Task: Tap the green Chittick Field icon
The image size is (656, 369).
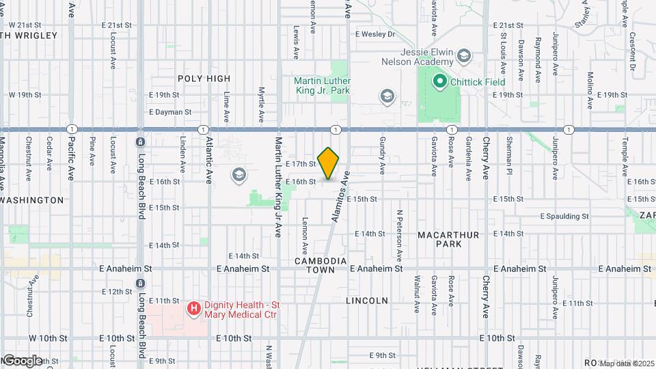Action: tap(439, 82)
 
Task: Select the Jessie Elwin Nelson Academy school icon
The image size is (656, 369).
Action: tap(465, 55)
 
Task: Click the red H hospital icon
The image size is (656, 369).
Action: tap(194, 309)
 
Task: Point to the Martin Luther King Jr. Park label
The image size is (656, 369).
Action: tap(322, 85)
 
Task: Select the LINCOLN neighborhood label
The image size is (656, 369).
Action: tap(367, 300)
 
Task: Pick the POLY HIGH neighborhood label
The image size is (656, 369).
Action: tap(204, 79)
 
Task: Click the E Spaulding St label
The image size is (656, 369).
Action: tap(564, 216)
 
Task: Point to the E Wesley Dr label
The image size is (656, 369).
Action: tap(375, 33)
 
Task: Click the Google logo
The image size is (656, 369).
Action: tap(22, 360)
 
